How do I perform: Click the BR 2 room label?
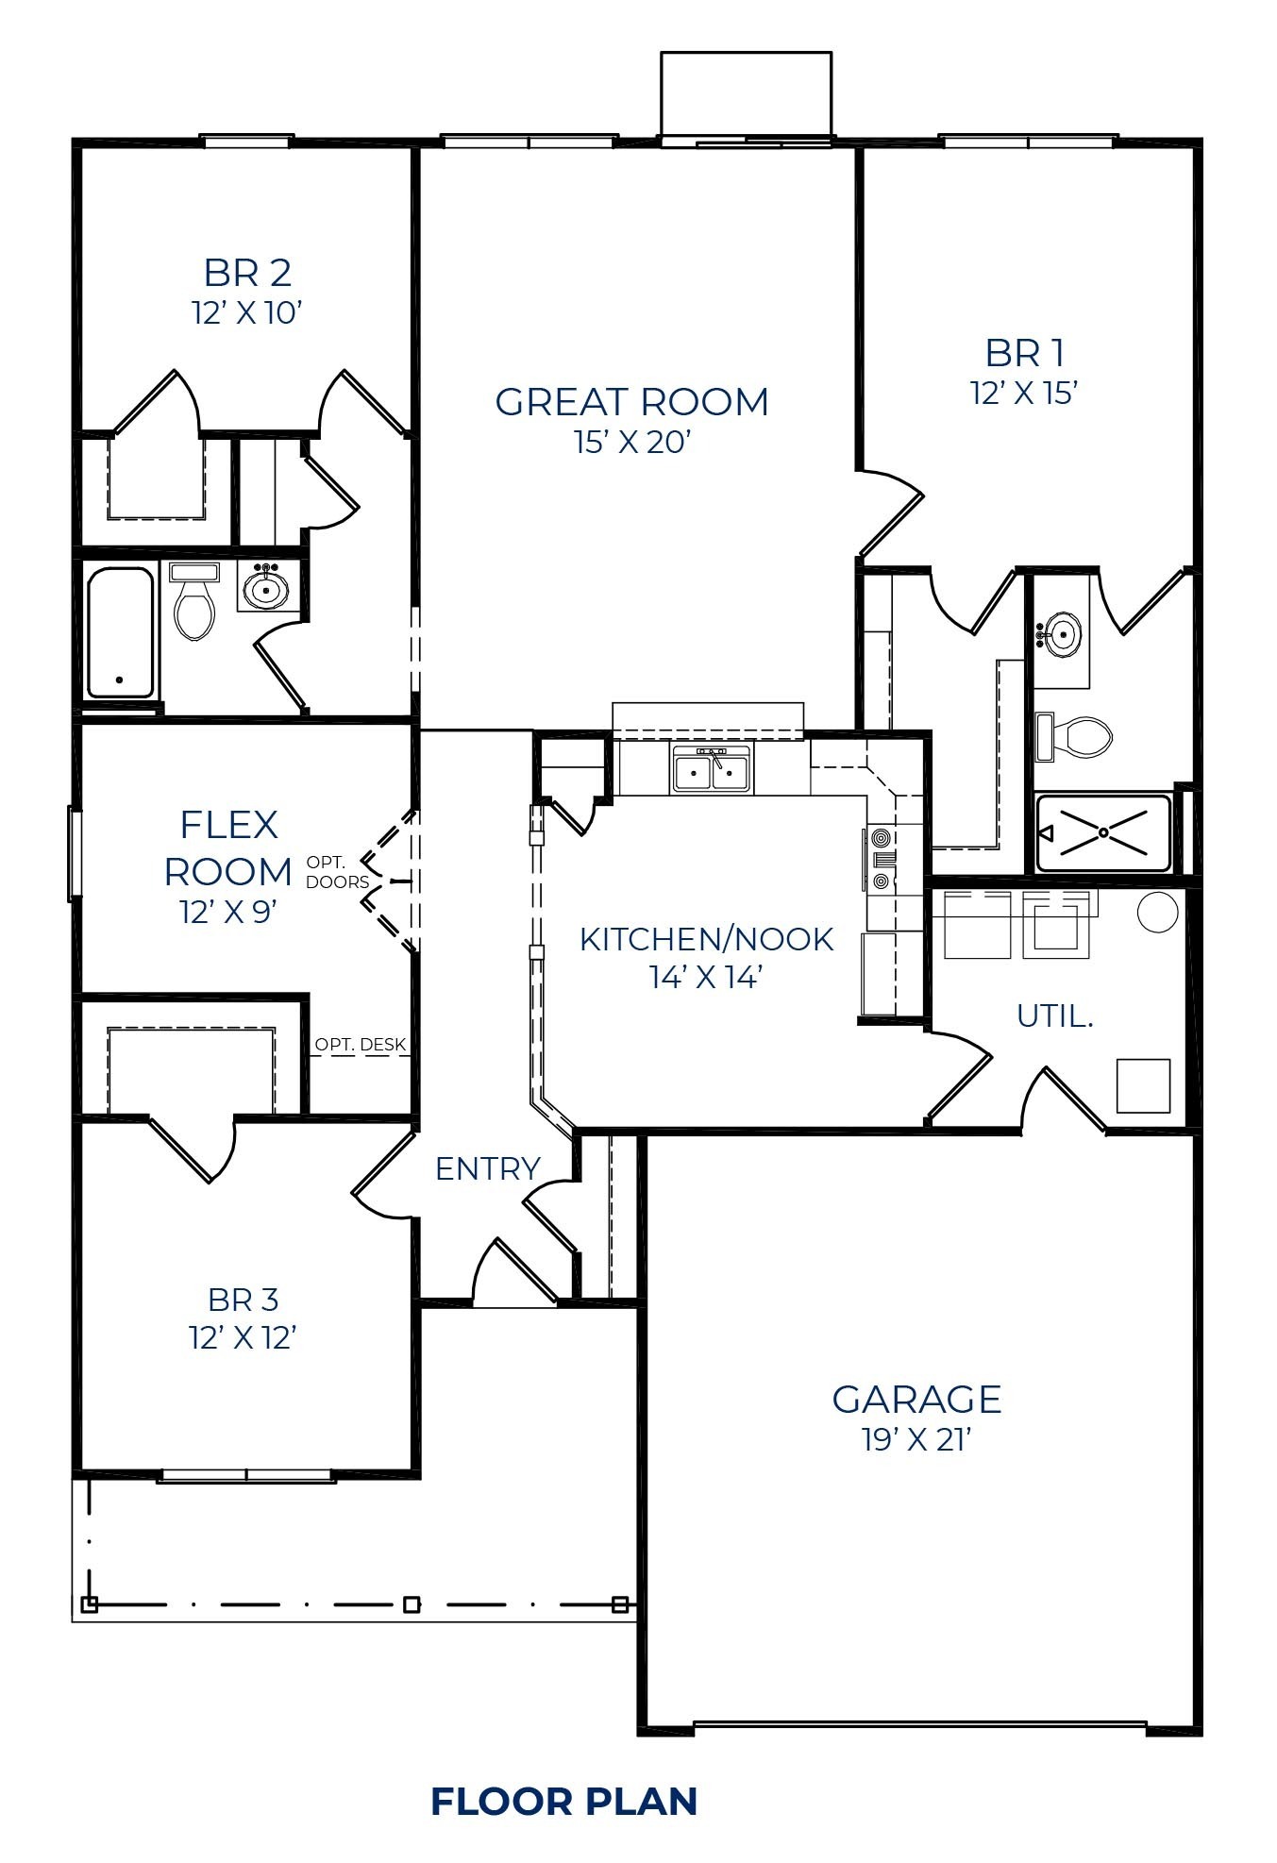tap(247, 273)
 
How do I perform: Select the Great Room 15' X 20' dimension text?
tap(632, 442)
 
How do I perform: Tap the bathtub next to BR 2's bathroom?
tap(120, 631)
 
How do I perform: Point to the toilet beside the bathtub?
tap(194, 604)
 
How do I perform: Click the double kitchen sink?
tap(713, 768)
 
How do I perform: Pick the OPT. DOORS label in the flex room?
tap(337, 872)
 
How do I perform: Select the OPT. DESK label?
tap(360, 1044)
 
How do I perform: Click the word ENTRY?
tap(487, 1168)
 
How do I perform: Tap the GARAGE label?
tap(916, 1399)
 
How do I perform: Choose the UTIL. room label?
tap(1054, 1015)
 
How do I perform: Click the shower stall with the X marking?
tap(1103, 832)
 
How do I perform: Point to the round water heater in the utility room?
tap(1157, 912)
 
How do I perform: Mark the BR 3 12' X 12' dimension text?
tap(244, 1337)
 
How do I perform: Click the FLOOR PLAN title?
tap(564, 1801)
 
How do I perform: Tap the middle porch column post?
tap(412, 1604)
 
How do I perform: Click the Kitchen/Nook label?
tap(706, 939)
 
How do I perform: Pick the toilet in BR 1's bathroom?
tap(1078, 737)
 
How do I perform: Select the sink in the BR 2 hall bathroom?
tap(267, 589)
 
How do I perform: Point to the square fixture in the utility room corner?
tap(1143, 1085)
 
